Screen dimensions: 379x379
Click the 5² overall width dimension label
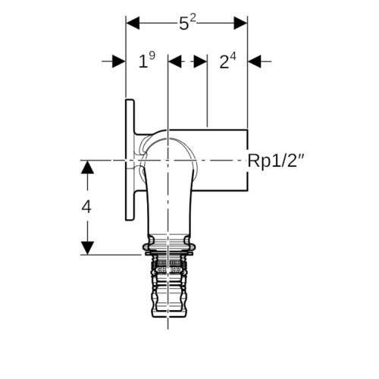(x=187, y=23)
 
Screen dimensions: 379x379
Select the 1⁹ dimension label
(x=147, y=60)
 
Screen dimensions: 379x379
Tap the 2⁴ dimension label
(x=227, y=61)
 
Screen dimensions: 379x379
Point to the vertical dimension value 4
(x=86, y=207)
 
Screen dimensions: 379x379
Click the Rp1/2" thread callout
(x=276, y=161)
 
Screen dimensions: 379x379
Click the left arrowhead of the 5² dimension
(x=133, y=23)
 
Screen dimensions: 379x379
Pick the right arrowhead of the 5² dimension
(x=240, y=23)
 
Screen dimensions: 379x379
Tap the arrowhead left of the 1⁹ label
(x=119, y=61)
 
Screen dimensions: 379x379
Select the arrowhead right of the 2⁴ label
(x=255, y=61)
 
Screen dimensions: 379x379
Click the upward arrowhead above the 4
(x=87, y=168)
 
